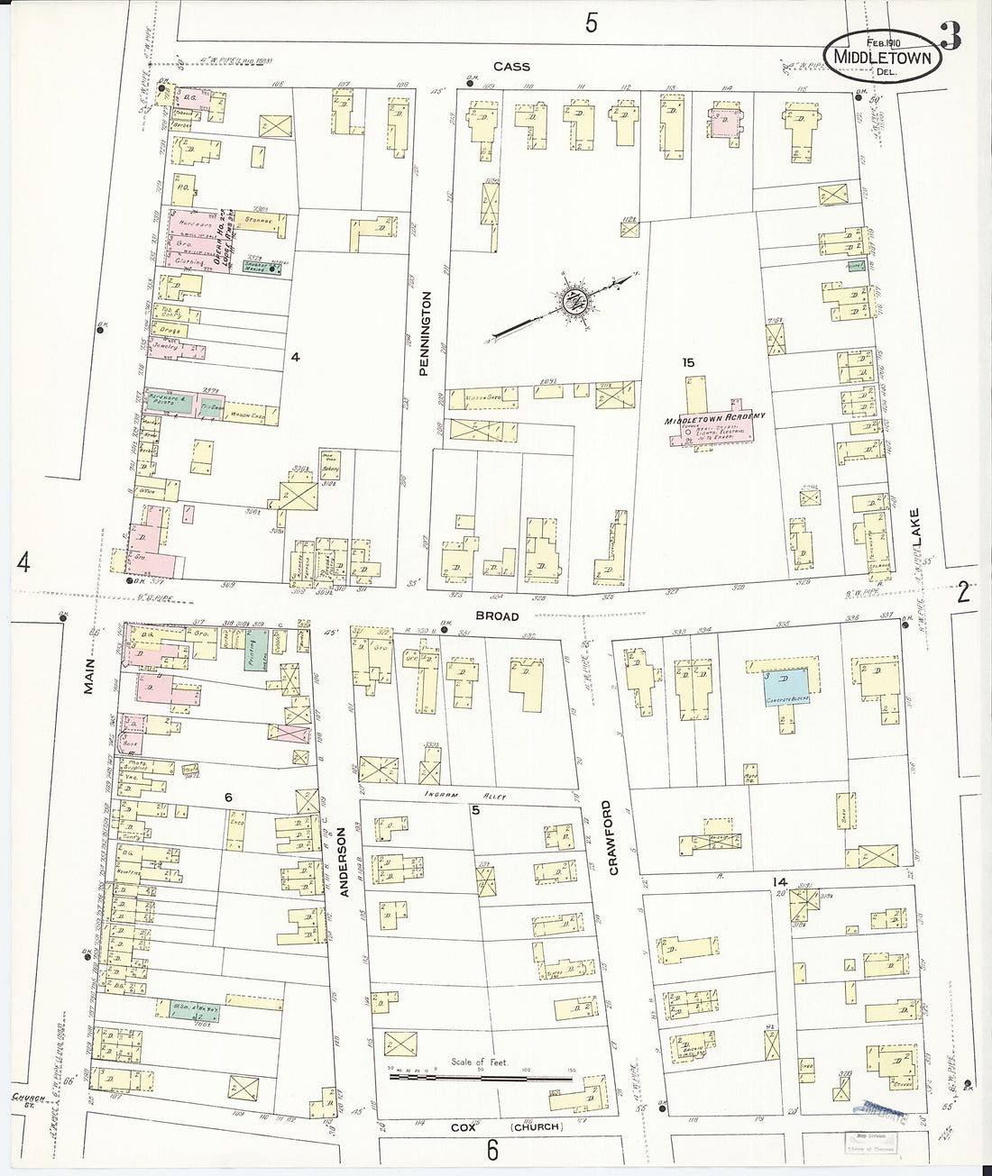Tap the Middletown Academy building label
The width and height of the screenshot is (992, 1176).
click(x=715, y=417)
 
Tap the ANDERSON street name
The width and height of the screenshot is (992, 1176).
click(x=342, y=864)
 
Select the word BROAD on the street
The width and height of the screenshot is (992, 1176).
click(x=497, y=616)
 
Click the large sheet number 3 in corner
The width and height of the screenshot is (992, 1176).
click(x=951, y=39)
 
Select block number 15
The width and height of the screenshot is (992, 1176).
click(x=689, y=362)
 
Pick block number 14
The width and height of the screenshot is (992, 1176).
click(x=779, y=880)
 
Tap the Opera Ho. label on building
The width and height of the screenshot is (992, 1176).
click(x=217, y=236)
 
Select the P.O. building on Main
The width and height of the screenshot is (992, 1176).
click(x=182, y=187)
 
